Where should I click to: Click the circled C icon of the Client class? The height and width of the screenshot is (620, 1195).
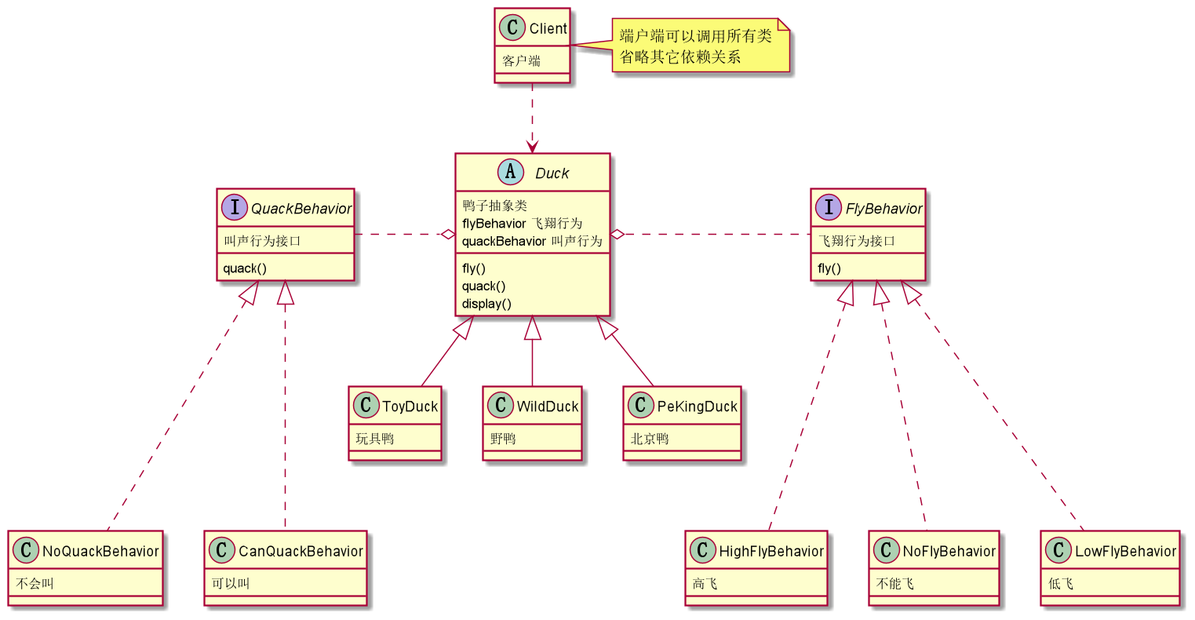pyautogui.click(x=512, y=28)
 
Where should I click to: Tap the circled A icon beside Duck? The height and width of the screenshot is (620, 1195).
pyautogui.click(x=511, y=173)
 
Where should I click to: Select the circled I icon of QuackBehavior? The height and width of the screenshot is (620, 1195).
pyautogui.click(x=235, y=208)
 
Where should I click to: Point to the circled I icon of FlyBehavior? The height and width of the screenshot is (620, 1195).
pyautogui.click(x=829, y=208)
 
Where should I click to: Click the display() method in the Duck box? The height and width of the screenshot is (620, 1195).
pyautogui.click(x=486, y=304)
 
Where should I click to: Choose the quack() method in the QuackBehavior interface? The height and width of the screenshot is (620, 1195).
pyautogui.click(x=245, y=268)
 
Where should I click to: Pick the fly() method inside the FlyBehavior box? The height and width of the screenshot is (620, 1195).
pyautogui.click(x=829, y=268)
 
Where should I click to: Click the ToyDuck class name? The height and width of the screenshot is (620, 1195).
pyautogui.click(x=410, y=407)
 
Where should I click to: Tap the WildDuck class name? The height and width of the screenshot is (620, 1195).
pyautogui.click(x=547, y=407)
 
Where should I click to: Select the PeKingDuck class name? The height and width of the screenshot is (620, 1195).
pyautogui.click(x=697, y=407)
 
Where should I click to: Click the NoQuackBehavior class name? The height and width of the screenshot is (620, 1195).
pyautogui.click(x=100, y=551)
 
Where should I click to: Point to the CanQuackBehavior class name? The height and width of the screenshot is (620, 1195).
pyautogui.click(x=301, y=551)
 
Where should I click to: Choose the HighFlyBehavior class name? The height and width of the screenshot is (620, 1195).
pyautogui.click(x=771, y=551)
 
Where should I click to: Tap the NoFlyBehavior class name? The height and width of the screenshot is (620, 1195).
pyautogui.click(x=949, y=551)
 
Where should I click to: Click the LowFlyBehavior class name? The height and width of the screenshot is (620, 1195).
pyautogui.click(x=1125, y=551)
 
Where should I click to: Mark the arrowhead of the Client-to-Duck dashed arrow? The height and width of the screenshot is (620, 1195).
pyautogui.click(x=533, y=148)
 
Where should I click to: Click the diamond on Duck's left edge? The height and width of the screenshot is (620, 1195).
pyautogui.click(x=448, y=234)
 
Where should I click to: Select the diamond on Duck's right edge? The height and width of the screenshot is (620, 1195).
pyautogui.click(x=618, y=234)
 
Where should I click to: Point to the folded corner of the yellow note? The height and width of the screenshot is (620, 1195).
pyautogui.click(x=783, y=25)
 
